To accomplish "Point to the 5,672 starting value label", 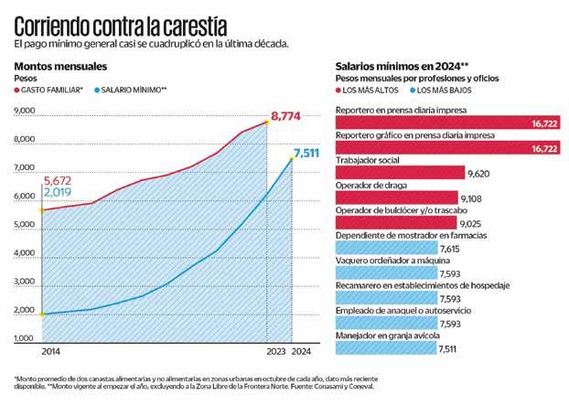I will coord(60,180).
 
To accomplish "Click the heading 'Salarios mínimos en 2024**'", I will coord(403,67).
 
